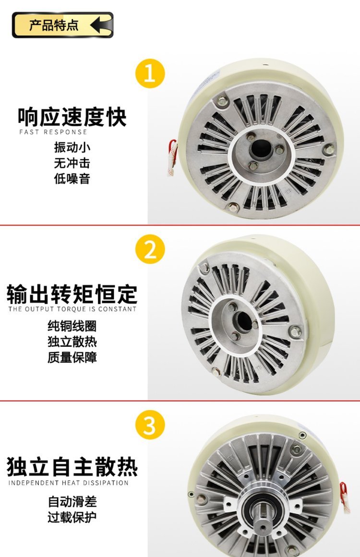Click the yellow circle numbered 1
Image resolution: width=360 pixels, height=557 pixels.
150,73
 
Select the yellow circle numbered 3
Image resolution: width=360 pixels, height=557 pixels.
150,425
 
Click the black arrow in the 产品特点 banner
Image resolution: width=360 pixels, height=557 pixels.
101,25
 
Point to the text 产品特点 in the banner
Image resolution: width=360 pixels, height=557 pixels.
54,25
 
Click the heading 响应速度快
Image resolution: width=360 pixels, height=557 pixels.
72,117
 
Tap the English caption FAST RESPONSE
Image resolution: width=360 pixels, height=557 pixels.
53,132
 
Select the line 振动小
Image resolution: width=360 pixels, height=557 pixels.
72,147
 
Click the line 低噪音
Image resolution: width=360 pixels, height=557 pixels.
72,178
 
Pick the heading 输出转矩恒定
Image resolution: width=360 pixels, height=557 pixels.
72,294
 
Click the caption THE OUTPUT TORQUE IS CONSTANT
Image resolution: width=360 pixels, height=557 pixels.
72,309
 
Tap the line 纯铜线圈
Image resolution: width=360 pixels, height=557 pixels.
72,326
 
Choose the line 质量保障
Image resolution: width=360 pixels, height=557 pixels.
72,357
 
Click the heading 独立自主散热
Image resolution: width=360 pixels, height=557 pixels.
72,467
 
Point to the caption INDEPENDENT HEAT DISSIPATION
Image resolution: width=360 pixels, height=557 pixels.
69,483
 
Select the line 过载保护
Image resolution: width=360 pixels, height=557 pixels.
72,517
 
